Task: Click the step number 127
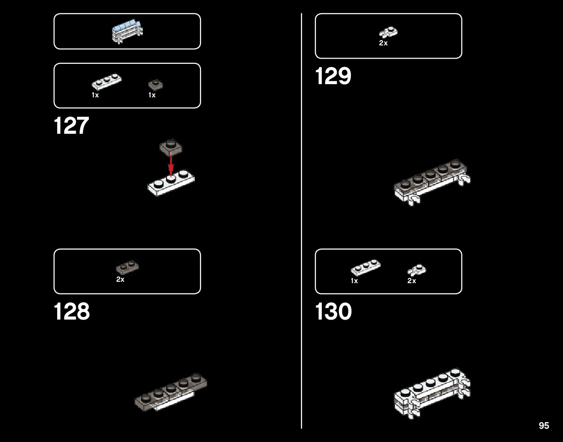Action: click(71, 126)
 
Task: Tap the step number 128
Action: click(72, 312)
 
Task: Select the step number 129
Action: click(333, 76)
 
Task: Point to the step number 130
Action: click(334, 312)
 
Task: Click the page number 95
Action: click(544, 425)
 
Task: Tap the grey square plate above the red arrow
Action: click(171, 147)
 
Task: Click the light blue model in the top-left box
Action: click(127, 31)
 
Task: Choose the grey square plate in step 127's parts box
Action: click(156, 85)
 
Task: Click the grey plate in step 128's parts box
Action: click(127, 268)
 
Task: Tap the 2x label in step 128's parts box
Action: click(121, 279)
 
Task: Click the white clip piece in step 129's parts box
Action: click(388, 32)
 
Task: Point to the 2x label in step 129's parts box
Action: click(383, 43)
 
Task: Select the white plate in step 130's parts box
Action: click(365, 268)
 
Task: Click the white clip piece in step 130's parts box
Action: click(417, 270)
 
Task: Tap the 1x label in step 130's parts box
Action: click(355, 281)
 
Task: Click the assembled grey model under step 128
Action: click(171, 392)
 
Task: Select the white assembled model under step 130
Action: click(432, 392)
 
